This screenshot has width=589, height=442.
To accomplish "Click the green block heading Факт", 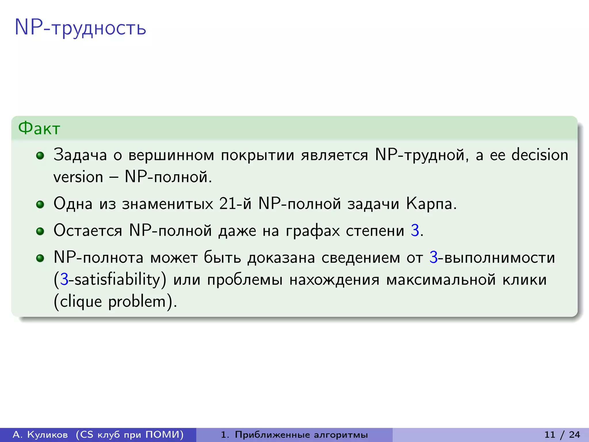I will click(x=39, y=128).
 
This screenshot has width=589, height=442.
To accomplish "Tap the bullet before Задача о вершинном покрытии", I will click(x=40, y=156).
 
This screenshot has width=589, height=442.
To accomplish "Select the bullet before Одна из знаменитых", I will click(x=40, y=205).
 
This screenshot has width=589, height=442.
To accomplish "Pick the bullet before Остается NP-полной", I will click(x=40, y=231).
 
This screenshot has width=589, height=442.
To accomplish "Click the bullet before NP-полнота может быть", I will click(x=40, y=258).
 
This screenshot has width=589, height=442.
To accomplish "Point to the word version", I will click(x=78, y=177).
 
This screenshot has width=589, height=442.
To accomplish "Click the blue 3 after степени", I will click(x=415, y=231).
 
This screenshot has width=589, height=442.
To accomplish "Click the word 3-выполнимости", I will click(x=492, y=258).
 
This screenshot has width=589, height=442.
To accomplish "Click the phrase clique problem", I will click(x=115, y=302).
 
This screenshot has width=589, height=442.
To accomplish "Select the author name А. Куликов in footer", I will click(x=40, y=435).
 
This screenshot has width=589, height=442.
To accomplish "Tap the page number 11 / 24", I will click(x=562, y=435).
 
